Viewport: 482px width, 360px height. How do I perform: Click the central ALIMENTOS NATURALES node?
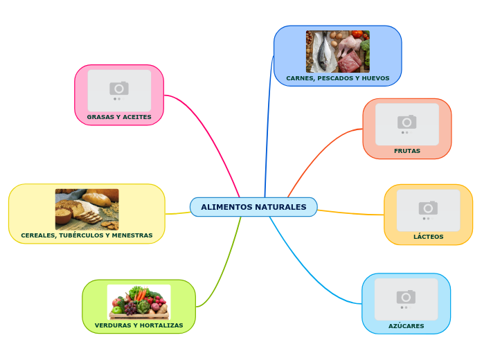[253, 207]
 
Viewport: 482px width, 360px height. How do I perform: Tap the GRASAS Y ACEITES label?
[119, 117]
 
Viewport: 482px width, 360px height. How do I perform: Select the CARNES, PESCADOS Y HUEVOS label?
[337, 78]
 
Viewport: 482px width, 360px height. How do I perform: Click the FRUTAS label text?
[407, 151]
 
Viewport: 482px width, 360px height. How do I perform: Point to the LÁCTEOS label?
[428, 237]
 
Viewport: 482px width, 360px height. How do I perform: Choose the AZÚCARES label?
[406, 325]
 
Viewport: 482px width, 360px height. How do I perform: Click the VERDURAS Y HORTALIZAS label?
[139, 325]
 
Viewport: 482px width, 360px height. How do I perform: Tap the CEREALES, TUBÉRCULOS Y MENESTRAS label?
[87, 235]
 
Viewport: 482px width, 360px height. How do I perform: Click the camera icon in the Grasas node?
[119, 88]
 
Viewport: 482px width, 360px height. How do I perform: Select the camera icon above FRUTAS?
[407, 122]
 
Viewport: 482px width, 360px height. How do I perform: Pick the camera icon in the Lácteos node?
[428, 208]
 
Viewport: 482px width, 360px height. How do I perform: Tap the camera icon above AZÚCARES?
[406, 296]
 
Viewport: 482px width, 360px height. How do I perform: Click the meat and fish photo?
[337, 51]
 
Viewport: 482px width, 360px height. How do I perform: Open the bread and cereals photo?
[87, 209]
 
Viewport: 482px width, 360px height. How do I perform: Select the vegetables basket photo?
[139, 301]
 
